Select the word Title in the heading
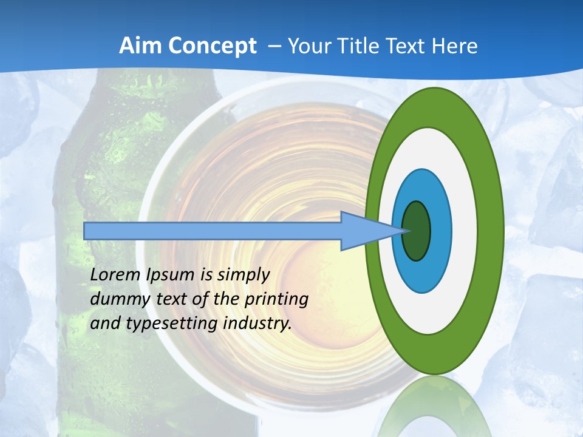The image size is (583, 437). (358, 46)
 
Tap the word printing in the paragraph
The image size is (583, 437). (276, 299)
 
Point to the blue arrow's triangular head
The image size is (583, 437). (364, 231)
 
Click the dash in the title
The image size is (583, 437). (273, 46)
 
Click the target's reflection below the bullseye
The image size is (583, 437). (434, 407)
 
